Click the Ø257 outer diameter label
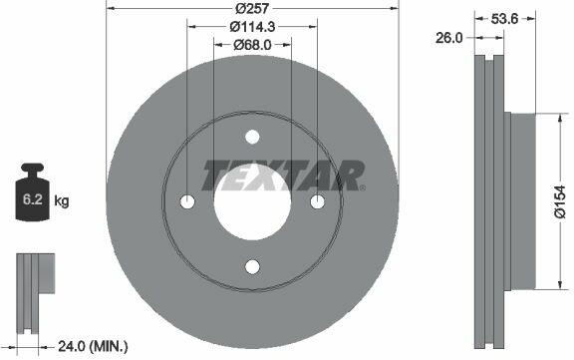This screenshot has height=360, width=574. click(x=252, y=8)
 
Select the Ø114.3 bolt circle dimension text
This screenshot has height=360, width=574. click(x=252, y=26)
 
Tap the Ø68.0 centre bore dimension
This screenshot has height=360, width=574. click(x=252, y=45)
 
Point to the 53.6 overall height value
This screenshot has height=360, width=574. click(x=505, y=19)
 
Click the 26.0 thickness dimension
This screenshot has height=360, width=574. click(x=449, y=38)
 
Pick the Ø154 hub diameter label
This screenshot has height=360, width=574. click(x=560, y=201)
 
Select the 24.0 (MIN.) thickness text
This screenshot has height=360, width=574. click(x=93, y=346)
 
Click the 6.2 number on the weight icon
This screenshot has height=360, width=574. click(x=33, y=199)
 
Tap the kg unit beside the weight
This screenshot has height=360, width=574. click(x=62, y=201)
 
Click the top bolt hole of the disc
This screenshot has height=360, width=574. click(x=252, y=137)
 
